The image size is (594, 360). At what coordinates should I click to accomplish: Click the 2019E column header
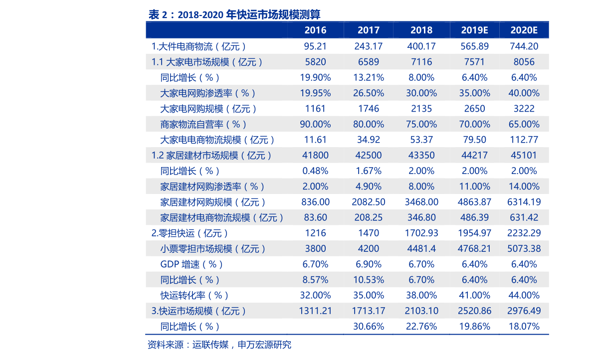pyautogui.click(x=474, y=30)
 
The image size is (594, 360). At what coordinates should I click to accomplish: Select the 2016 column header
pyautogui.click(x=315, y=30)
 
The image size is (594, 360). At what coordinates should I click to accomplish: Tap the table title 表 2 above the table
pyautogui.click(x=234, y=15)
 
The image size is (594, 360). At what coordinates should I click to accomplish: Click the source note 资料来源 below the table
pyautogui.click(x=219, y=345)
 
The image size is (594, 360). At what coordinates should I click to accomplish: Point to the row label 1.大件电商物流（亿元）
pyautogui.click(x=199, y=46)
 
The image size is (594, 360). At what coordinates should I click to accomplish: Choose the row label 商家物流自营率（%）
pyautogui.click(x=203, y=124)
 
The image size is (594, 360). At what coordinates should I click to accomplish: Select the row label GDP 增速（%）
pyautogui.click(x=192, y=264)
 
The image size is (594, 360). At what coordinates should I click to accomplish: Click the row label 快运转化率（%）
pyautogui.click(x=195, y=295)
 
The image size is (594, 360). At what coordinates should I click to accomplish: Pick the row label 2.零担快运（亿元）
pyautogui.click(x=190, y=233)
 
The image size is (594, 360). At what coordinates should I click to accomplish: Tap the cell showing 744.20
pyautogui.click(x=524, y=46)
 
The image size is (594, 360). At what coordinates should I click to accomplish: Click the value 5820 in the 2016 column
pyautogui.click(x=315, y=62)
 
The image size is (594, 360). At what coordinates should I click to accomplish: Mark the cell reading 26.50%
pyautogui.click(x=369, y=93)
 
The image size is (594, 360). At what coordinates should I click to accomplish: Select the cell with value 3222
pyautogui.click(x=524, y=109)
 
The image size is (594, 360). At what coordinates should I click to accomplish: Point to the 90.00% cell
pyautogui.click(x=315, y=124)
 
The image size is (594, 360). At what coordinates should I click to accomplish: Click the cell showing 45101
pyautogui.click(x=524, y=155)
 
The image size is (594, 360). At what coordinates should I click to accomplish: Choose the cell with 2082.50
pyautogui.click(x=369, y=202)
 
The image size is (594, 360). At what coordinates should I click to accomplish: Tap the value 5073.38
pyautogui.click(x=524, y=249)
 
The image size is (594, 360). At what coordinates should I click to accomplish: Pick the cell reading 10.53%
pyautogui.click(x=369, y=280)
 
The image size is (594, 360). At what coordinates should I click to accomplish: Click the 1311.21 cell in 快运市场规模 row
pyautogui.click(x=315, y=311)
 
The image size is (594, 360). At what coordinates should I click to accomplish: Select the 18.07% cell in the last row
pyautogui.click(x=524, y=326)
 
